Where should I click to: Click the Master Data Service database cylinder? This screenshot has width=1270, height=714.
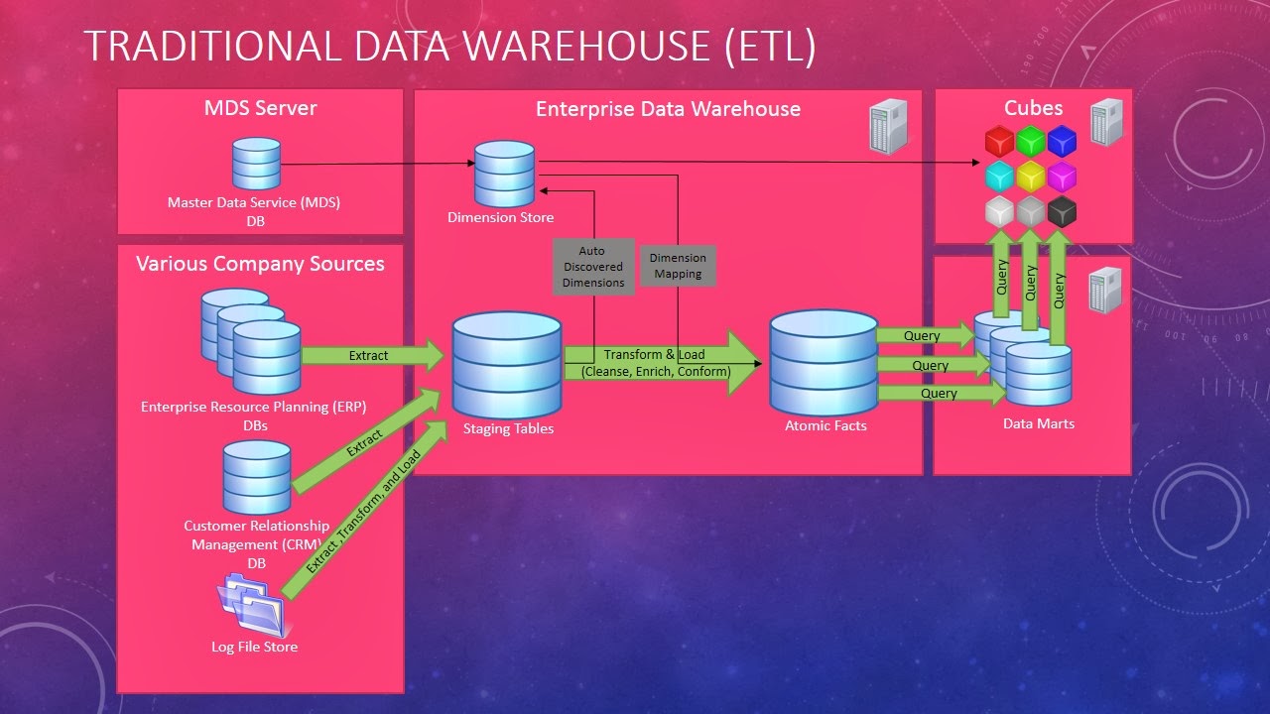coord(256,164)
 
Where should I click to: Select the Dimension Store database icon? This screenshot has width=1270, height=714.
coord(504,174)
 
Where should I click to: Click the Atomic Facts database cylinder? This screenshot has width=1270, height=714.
coord(824,361)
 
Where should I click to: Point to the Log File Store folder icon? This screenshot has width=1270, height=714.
coord(253,607)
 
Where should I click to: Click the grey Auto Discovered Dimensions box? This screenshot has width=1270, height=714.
coord(593,267)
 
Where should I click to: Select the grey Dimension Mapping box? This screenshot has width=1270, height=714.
coord(678,266)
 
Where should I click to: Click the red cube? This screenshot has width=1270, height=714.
coord(999,142)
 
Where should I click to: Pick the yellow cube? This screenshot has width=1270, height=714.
coord(1031,177)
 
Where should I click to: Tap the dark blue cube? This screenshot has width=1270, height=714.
coord(1062,142)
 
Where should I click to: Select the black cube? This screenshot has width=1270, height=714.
coord(1062,211)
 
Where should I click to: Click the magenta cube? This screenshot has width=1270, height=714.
coord(1062,177)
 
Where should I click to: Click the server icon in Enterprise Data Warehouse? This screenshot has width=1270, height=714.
coord(888,126)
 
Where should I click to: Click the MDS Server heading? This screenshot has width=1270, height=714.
coord(260,108)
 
